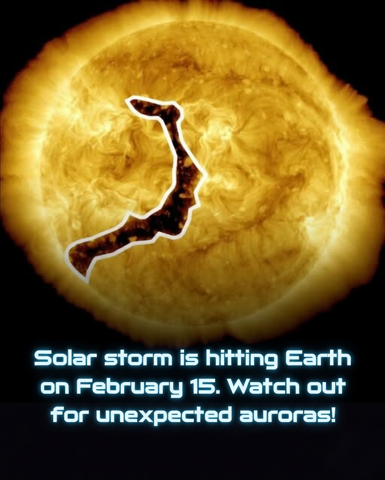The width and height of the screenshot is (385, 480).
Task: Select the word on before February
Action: click(x=53, y=387)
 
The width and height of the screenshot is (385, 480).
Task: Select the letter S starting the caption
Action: click(x=42, y=359)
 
